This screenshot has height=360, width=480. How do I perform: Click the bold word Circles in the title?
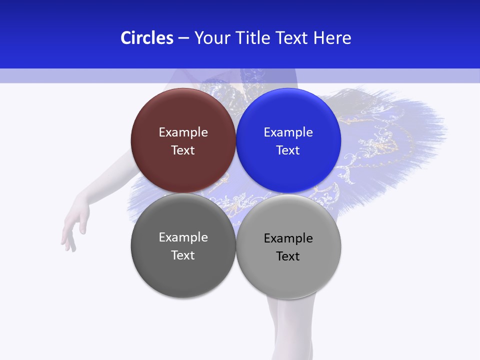(x=147, y=38)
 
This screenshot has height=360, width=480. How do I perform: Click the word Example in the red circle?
(x=183, y=132)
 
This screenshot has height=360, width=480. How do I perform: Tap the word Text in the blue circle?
(x=288, y=150)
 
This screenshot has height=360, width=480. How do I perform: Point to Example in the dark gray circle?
(x=183, y=237)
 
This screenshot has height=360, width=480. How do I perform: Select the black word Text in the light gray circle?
(x=288, y=256)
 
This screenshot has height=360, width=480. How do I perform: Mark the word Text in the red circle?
(x=183, y=150)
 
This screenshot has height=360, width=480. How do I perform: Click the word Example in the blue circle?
(x=288, y=132)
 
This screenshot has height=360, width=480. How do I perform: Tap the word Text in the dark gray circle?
(x=183, y=255)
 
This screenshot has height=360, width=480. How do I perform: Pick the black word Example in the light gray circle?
(x=288, y=238)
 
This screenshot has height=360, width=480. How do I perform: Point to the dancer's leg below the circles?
(x=290, y=325)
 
